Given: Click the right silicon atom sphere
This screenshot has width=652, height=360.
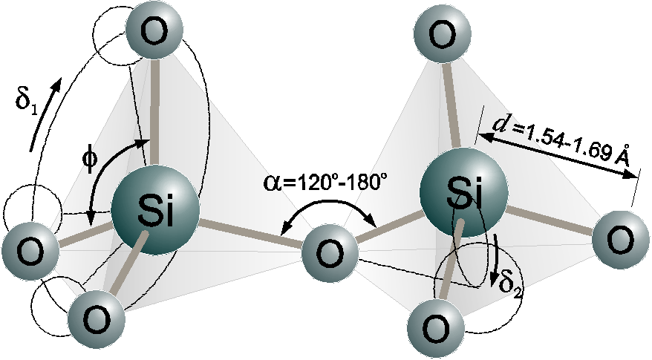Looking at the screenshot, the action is tap(463, 193).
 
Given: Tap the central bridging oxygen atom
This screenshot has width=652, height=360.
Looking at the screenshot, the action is tap(329, 253).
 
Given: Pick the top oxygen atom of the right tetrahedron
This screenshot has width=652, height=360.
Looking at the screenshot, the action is tap(443, 33).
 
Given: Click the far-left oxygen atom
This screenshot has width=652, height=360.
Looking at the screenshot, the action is tap(30, 251).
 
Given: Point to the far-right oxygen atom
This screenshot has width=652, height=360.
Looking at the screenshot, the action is tap(620, 240).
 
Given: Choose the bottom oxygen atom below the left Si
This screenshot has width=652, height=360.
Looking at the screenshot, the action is tap(97, 319).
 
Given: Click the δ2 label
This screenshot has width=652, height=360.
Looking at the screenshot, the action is tap(509, 286).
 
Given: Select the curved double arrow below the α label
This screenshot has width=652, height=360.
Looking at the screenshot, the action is tap(328, 208).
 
